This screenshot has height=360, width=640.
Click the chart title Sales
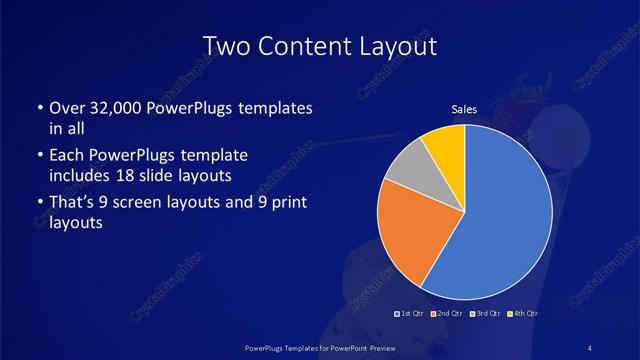point(464,109)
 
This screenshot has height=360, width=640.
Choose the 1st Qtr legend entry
point(411,314)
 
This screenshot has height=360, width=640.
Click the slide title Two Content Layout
point(320,46)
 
